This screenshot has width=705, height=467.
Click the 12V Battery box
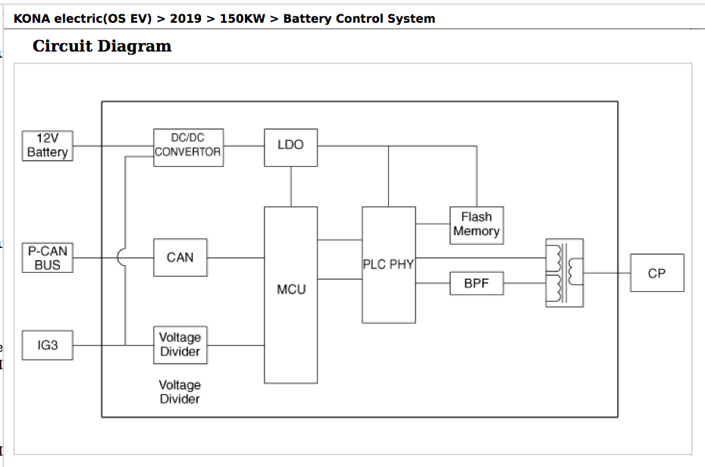(x=47, y=146)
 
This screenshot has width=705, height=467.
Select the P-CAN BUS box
(x=47, y=258)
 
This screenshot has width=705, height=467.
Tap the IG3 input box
(x=47, y=346)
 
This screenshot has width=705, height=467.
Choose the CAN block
(x=180, y=258)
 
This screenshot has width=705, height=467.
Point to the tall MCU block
(x=291, y=294)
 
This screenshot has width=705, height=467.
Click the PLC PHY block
(x=389, y=265)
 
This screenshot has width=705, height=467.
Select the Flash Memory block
(x=476, y=224)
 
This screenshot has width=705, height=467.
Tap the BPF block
(x=476, y=284)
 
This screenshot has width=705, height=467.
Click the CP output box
(x=656, y=273)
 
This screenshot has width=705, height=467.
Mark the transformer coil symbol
(x=565, y=273)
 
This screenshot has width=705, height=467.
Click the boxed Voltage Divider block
(x=180, y=345)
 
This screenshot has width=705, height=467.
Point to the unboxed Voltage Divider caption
(x=180, y=392)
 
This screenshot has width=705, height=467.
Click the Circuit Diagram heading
(x=102, y=46)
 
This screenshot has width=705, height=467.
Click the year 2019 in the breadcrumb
(x=186, y=18)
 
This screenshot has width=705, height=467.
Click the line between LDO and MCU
(x=291, y=186)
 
